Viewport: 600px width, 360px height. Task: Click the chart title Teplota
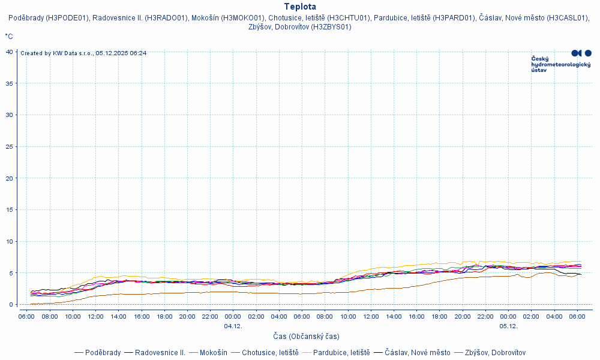point(300,7)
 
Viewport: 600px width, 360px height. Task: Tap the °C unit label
point(9,37)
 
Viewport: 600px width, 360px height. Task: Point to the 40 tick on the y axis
point(10,52)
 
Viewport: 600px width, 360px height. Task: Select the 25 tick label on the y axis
point(10,146)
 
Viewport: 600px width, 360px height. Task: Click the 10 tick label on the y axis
point(10,241)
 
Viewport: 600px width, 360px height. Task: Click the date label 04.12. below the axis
point(233,326)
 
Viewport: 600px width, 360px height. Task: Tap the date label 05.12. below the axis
point(508,326)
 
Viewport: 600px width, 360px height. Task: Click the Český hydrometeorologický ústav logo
point(561,61)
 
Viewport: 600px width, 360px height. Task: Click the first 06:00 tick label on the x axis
point(26,316)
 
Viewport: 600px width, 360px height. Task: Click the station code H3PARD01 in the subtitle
point(454,18)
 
